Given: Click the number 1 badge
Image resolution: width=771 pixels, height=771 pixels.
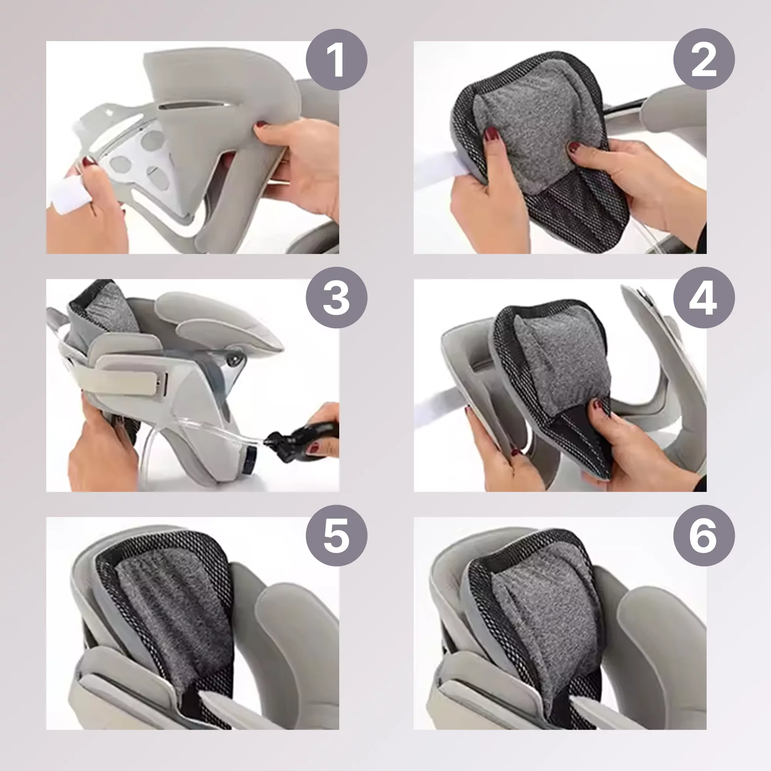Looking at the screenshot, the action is coord(337,60).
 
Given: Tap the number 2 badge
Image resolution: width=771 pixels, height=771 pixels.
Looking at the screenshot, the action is coord(704,60).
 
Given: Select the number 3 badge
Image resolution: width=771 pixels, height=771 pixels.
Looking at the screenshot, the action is coord(337,298).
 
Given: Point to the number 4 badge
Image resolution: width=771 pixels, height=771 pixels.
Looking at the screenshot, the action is coord(704,298).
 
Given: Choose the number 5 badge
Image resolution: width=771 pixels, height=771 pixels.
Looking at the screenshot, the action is coord(337,535).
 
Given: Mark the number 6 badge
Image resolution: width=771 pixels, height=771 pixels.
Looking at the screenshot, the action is coord(704,535).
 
